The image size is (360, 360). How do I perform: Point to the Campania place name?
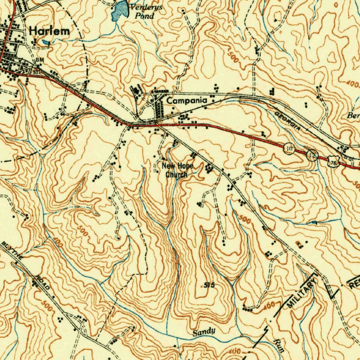point(187,101)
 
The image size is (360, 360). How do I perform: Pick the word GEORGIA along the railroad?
point(288,121)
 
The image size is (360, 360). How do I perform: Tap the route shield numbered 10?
point(289,149)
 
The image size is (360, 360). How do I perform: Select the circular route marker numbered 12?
point(312,154)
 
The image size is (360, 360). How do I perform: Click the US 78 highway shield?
point(333,162)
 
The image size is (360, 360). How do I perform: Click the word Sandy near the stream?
point(204,332)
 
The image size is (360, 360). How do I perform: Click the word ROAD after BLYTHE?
point(42,283)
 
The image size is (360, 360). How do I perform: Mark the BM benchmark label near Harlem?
point(39,60)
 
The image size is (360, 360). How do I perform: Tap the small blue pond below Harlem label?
point(46,43)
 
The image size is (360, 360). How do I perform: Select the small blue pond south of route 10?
point(314,223)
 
